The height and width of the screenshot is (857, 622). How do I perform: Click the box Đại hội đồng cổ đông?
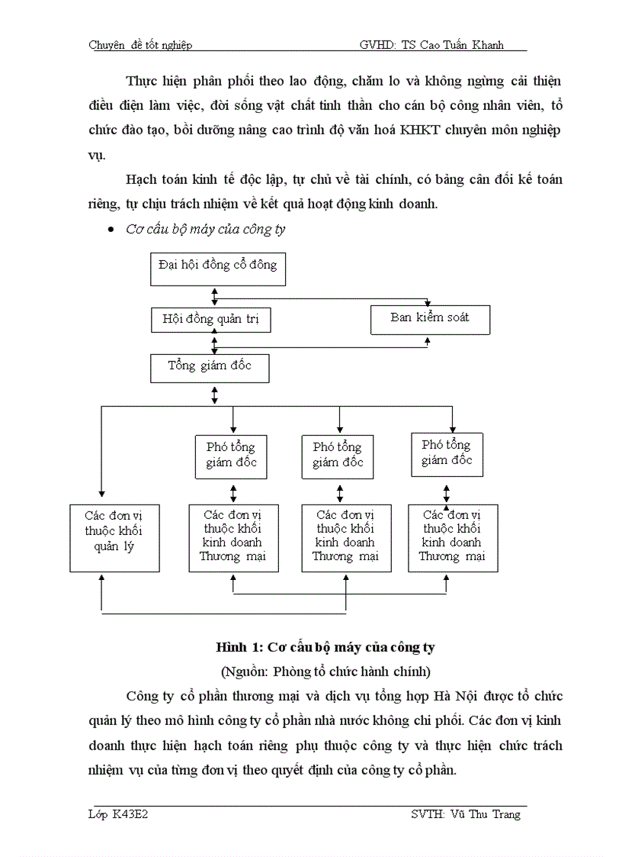coord(217,267)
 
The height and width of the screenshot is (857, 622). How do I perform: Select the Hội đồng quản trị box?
coord(210,320)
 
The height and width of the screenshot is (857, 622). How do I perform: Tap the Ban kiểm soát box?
coord(430,319)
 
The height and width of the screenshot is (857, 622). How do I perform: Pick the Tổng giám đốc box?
coord(210,368)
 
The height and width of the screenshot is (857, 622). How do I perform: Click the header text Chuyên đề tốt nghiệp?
coord(140,45)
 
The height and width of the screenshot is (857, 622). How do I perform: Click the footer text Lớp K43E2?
coord(117,814)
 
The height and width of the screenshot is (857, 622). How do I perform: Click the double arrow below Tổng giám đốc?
coord(215,395)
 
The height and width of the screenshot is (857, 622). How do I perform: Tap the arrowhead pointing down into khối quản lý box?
coord(101,494)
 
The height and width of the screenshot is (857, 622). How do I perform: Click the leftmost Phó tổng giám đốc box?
coord(231,455)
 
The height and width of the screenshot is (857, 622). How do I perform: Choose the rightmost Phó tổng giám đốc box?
coord(447,453)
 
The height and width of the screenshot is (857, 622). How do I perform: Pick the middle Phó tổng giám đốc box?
coord(338,455)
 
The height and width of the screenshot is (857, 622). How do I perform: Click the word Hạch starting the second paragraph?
coord(143,181)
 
